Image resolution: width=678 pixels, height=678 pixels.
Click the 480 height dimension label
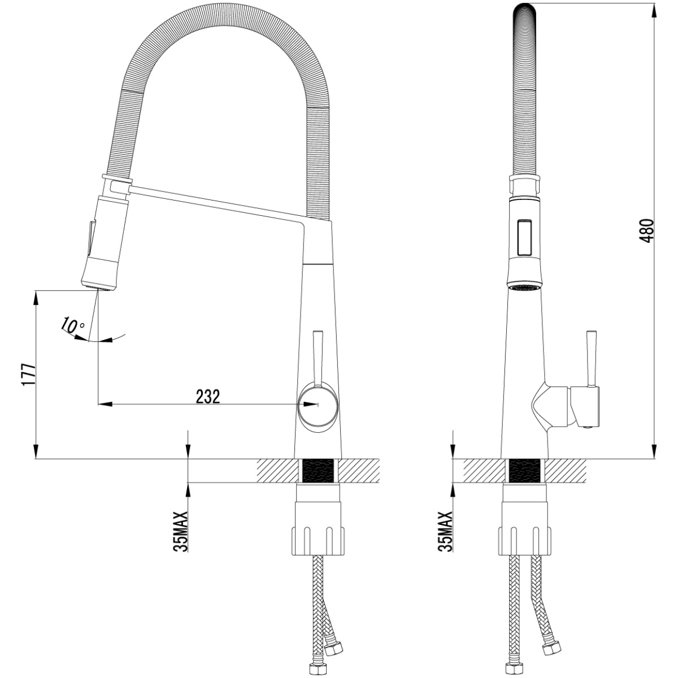point(646,231)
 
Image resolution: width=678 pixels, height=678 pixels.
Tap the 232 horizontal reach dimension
point(207,397)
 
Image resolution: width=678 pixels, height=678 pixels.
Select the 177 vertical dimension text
point(29,375)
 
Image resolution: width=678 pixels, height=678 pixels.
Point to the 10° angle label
point(72,325)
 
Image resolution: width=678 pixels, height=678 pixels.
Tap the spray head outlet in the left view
point(99,288)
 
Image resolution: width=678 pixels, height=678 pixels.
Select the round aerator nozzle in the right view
point(525,287)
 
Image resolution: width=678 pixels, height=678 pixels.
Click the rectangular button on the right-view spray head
point(524,237)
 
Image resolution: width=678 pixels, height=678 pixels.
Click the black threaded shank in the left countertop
point(318,471)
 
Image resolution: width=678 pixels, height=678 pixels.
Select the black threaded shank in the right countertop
point(525,471)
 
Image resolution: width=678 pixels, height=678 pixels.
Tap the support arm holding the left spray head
point(218,204)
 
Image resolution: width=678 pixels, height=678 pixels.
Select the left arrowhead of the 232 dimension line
point(105,405)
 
